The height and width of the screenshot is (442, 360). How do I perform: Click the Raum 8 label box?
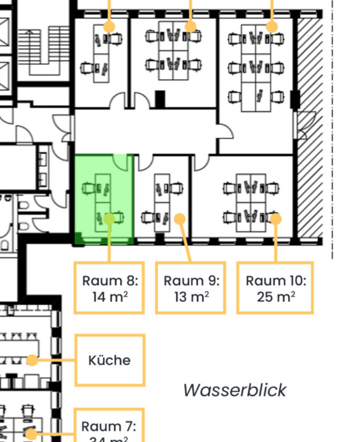110,288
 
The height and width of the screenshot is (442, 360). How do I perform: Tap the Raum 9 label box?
190,288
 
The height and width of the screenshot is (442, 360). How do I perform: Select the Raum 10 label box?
275,288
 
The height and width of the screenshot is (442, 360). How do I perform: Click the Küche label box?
110,360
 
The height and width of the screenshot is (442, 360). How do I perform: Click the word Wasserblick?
235,390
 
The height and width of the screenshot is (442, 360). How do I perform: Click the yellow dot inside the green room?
109,219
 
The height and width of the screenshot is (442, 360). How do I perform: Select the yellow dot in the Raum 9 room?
180,219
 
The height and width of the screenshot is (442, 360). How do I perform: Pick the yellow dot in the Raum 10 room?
275,219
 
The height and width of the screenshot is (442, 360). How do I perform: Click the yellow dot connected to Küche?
33,360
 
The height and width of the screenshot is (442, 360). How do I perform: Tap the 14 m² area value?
110,296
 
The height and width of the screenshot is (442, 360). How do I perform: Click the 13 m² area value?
190,296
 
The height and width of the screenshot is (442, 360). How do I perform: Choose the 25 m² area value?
275,296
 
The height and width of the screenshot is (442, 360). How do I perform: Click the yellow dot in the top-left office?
109,27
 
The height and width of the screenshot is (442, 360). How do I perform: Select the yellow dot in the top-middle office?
190,27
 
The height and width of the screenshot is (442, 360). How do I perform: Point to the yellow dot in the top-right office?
272,27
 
